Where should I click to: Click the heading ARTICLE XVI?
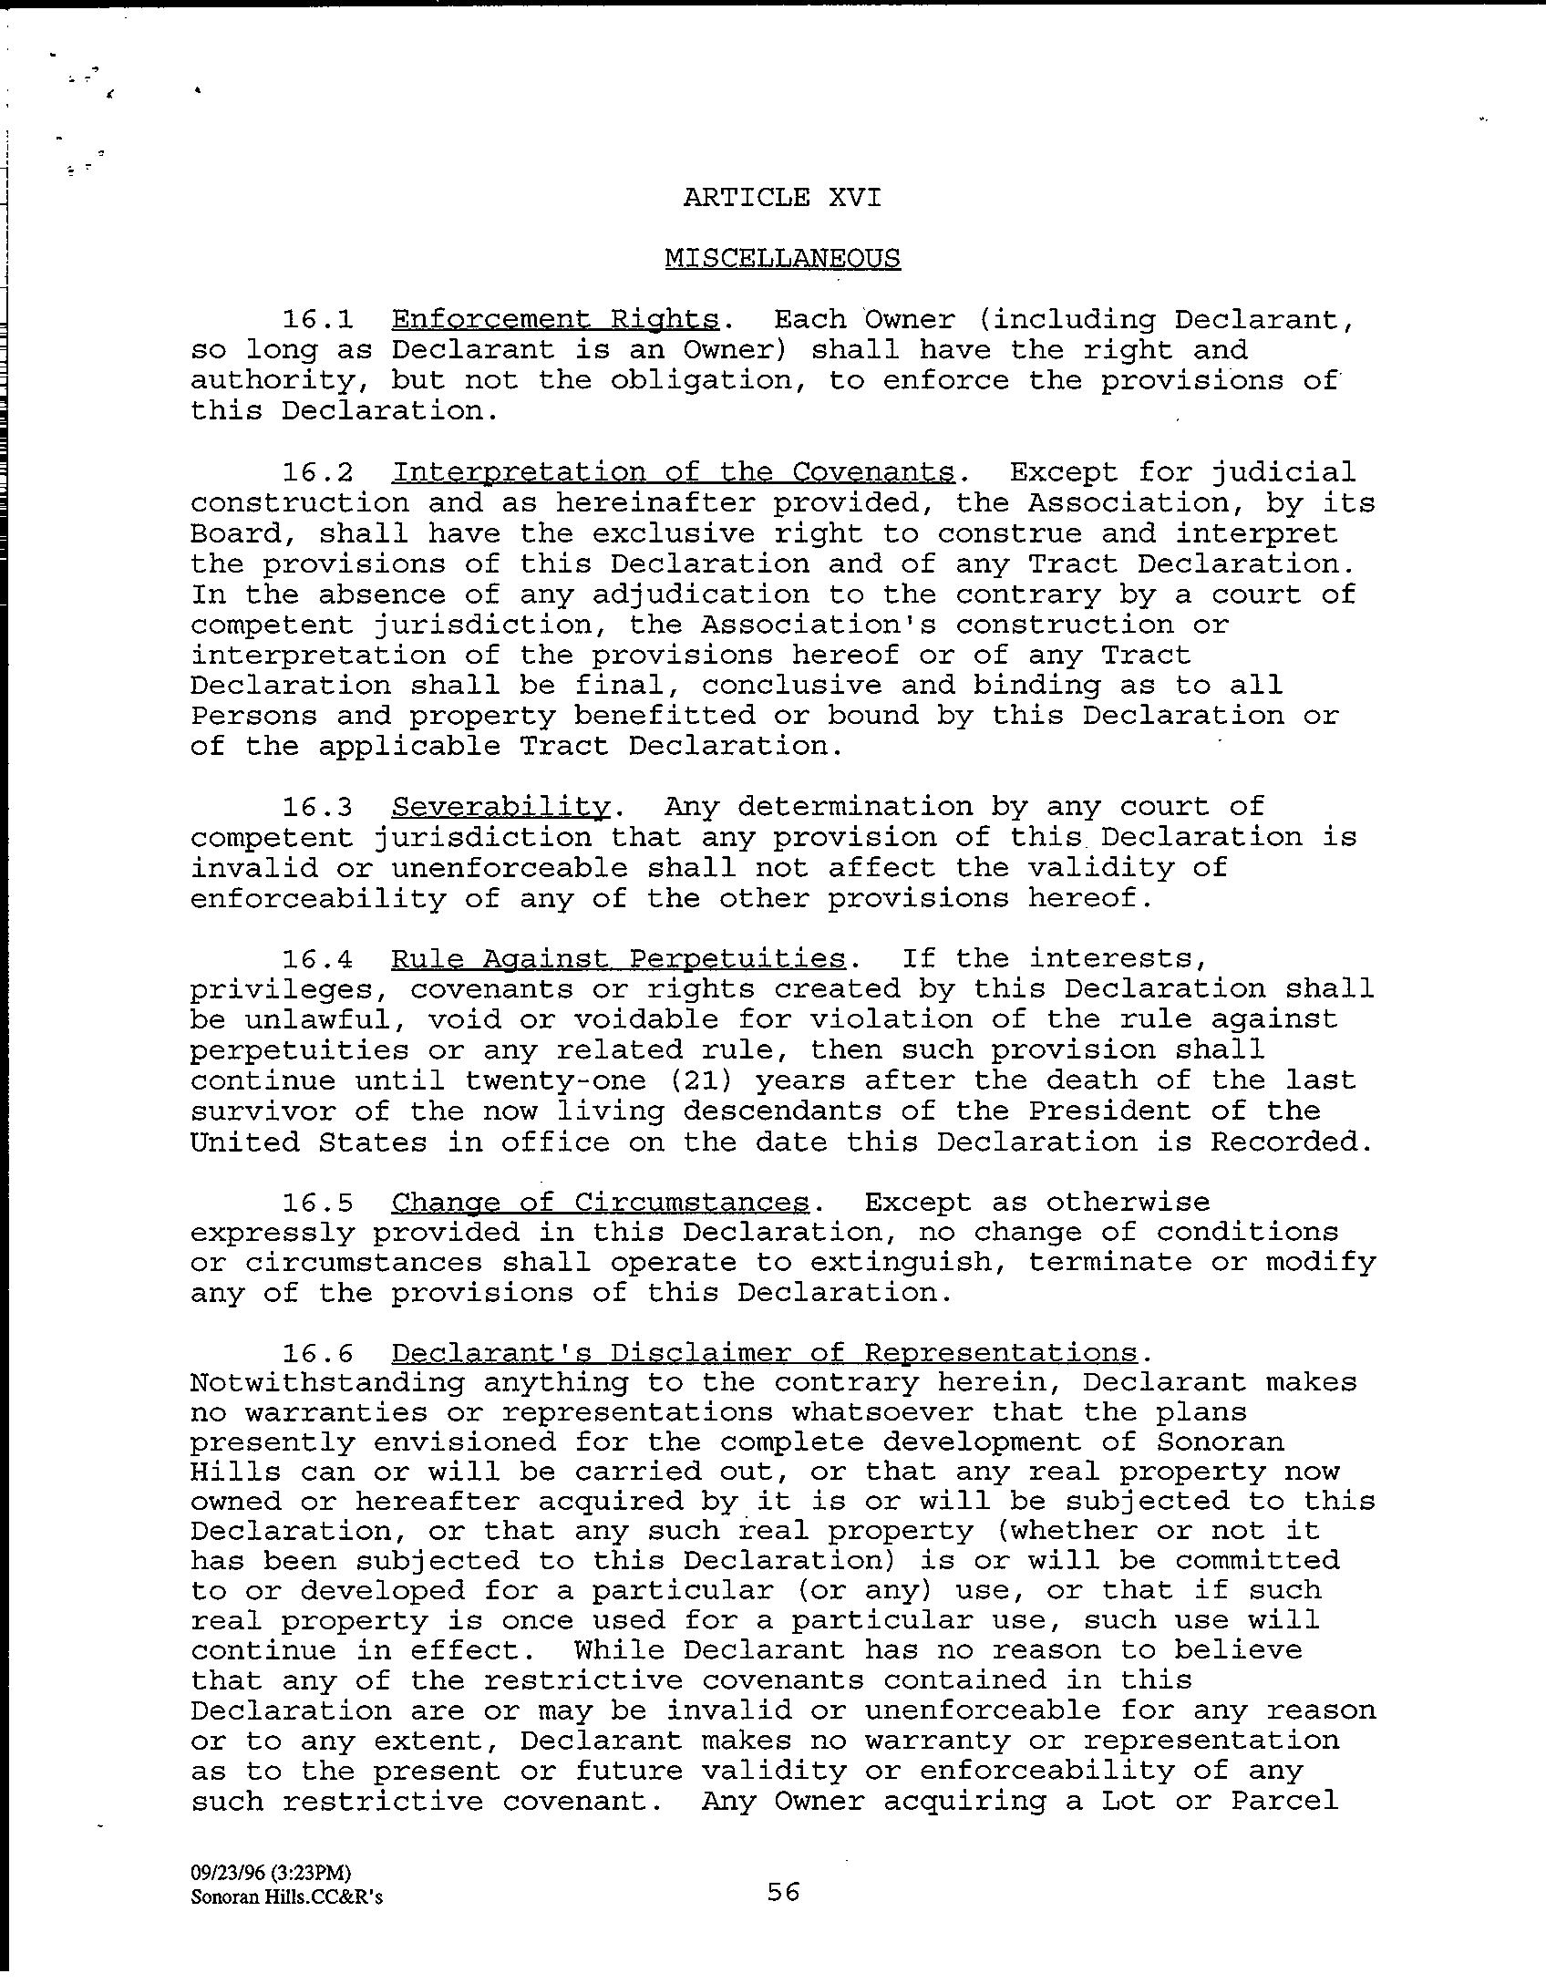click(782, 197)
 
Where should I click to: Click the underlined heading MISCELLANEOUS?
click(782, 259)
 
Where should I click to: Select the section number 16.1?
click(316, 320)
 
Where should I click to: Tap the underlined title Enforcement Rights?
click(555, 320)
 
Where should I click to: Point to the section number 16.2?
click(316, 472)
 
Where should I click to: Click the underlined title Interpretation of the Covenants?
click(673, 472)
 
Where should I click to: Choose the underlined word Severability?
click(500, 807)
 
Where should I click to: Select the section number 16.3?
click(316, 807)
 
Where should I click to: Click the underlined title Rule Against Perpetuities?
click(618, 959)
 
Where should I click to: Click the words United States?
click(308, 1142)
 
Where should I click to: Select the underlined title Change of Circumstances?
click(600, 1203)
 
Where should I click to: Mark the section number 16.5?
click(316, 1203)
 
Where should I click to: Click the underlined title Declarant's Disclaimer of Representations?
click(764, 1353)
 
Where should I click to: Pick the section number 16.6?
click(316, 1353)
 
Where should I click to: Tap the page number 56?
click(782, 1892)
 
